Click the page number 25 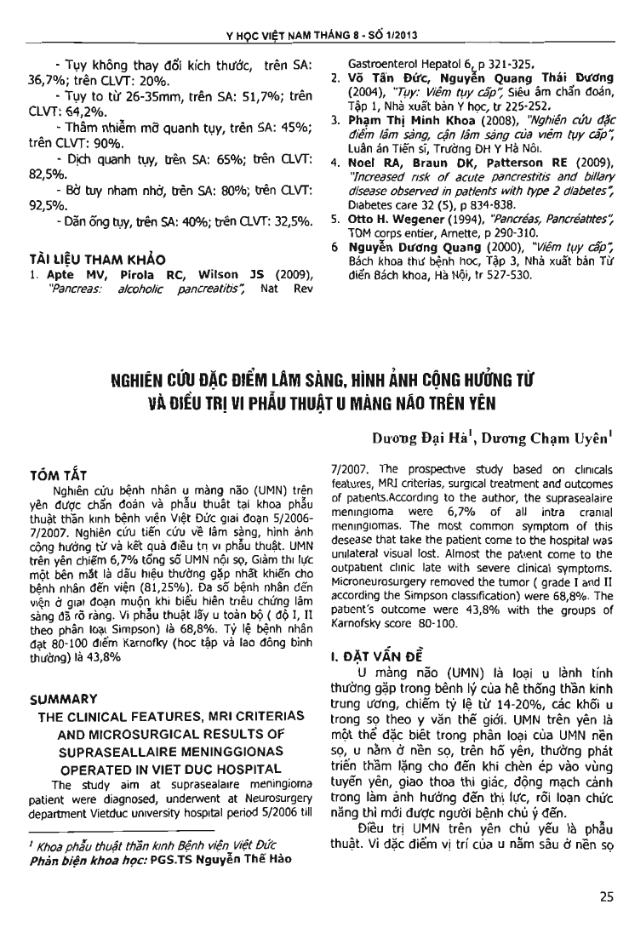coord(606,895)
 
